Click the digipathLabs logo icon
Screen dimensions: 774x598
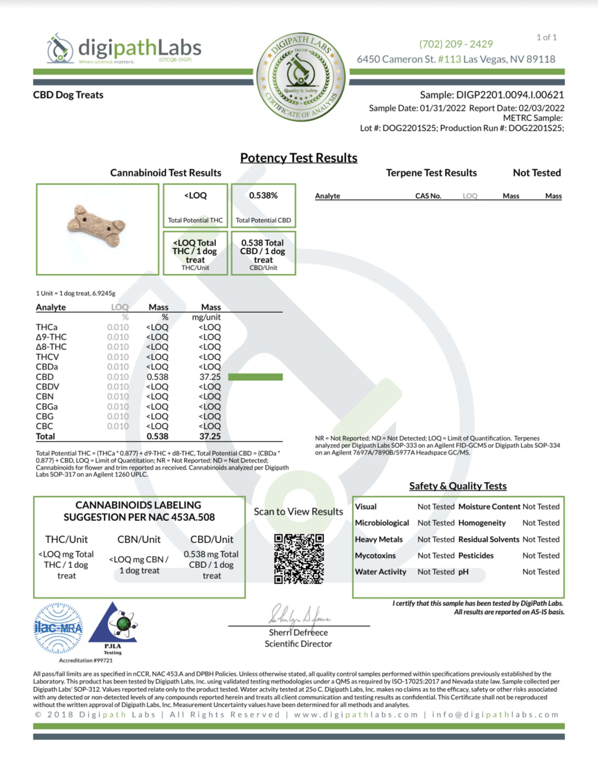point(60,48)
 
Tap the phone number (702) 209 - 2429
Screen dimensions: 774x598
point(456,44)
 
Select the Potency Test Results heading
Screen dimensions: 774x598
point(299,158)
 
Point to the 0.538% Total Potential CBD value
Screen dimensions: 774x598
point(263,196)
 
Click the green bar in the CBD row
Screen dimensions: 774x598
point(255,376)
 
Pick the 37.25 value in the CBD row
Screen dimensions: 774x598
point(210,376)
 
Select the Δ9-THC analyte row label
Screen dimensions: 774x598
point(51,336)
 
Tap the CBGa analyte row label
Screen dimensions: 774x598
point(47,407)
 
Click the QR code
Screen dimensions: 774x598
point(299,559)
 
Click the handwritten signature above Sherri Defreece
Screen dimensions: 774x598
point(300,615)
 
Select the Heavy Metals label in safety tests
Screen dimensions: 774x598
point(379,539)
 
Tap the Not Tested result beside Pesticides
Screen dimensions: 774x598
point(541,555)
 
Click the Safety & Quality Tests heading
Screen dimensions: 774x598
point(457,486)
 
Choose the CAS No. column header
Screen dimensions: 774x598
point(428,196)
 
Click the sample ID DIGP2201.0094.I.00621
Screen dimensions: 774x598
point(491,95)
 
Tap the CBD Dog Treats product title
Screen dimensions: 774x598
point(68,95)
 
